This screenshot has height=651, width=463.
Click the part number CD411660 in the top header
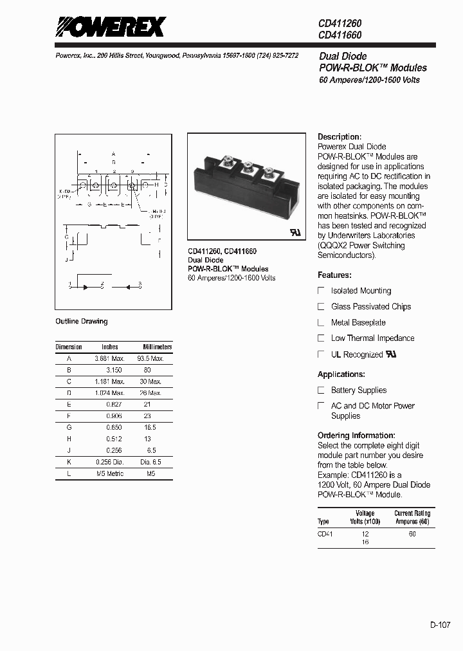340,35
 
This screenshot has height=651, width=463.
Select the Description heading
340,137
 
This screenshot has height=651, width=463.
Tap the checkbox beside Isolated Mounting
322,291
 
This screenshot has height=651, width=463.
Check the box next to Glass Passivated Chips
322,307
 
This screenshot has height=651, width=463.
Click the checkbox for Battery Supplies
322,390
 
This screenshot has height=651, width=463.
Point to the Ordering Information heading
356,436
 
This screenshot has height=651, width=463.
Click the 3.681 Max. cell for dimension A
109,358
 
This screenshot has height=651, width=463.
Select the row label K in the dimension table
69,462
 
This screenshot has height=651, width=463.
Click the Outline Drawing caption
82,321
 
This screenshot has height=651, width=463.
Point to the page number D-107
441,624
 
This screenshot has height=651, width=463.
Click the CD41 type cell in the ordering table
325,533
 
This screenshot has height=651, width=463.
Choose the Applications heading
341,374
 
